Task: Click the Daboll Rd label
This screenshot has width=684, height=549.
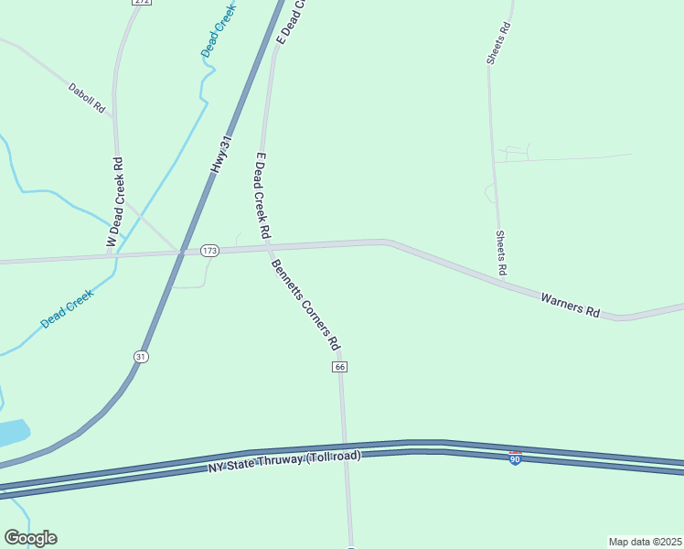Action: [87, 99]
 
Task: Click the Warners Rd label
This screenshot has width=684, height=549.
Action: [570, 305]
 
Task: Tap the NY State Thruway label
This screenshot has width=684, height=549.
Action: [283, 462]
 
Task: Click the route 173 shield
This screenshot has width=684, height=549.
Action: [209, 251]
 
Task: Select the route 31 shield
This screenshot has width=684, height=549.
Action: [140, 356]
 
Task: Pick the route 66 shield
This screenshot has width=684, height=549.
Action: [340, 367]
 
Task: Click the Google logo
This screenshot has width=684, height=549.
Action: [30, 538]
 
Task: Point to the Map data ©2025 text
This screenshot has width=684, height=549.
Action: [646, 541]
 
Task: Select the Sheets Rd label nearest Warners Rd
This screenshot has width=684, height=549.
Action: [501, 253]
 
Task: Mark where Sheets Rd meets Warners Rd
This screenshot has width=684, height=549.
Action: [504, 282]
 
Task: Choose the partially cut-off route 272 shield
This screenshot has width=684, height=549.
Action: [141, 3]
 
